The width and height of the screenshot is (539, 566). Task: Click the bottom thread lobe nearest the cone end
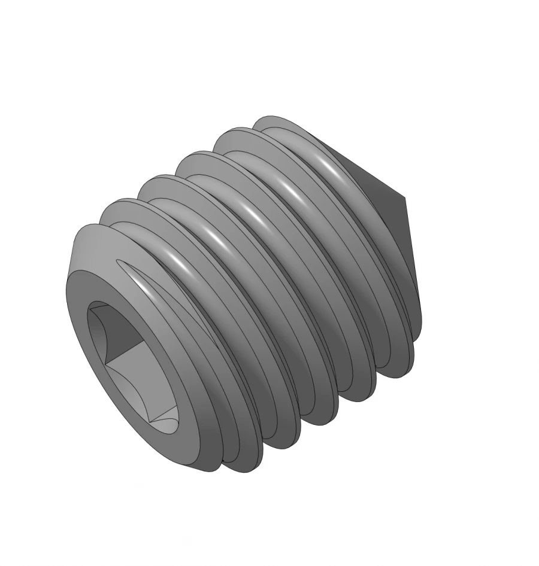pyautogui.click(x=395, y=365)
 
